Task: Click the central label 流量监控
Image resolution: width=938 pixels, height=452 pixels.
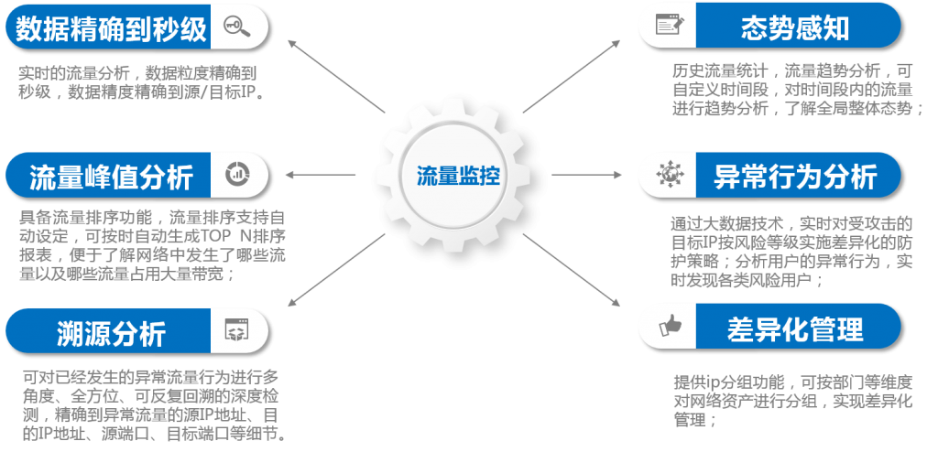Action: tap(458, 176)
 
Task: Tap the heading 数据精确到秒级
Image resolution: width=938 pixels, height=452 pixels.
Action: tap(111, 28)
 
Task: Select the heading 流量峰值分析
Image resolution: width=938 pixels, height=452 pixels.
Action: tap(111, 177)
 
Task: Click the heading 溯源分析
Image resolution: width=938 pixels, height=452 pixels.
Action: tap(111, 332)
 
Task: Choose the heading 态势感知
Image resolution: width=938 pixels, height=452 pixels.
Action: tap(795, 27)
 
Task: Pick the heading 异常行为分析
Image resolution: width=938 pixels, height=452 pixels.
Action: tap(796, 176)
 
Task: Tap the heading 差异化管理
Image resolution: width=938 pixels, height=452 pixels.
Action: tap(796, 328)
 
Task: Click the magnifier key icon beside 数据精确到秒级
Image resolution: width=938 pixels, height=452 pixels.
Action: tap(237, 27)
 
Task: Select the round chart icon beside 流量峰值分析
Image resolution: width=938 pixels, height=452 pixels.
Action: tap(237, 174)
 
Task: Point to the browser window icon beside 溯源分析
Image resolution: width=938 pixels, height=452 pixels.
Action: tap(237, 329)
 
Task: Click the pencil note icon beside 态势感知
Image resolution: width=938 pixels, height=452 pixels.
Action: tap(670, 25)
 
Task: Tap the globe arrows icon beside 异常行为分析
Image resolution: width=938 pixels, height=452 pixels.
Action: tap(670, 174)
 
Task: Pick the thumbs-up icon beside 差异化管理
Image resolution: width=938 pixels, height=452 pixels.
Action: tap(670, 326)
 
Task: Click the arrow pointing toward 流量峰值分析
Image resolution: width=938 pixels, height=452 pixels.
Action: tap(321, 175)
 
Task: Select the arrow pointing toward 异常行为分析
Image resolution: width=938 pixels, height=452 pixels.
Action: tap(587, 175)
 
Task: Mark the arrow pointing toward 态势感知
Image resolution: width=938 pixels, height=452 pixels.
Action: tap(572, 77)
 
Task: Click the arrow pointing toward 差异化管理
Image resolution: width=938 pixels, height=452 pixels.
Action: tap(572, 270)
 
